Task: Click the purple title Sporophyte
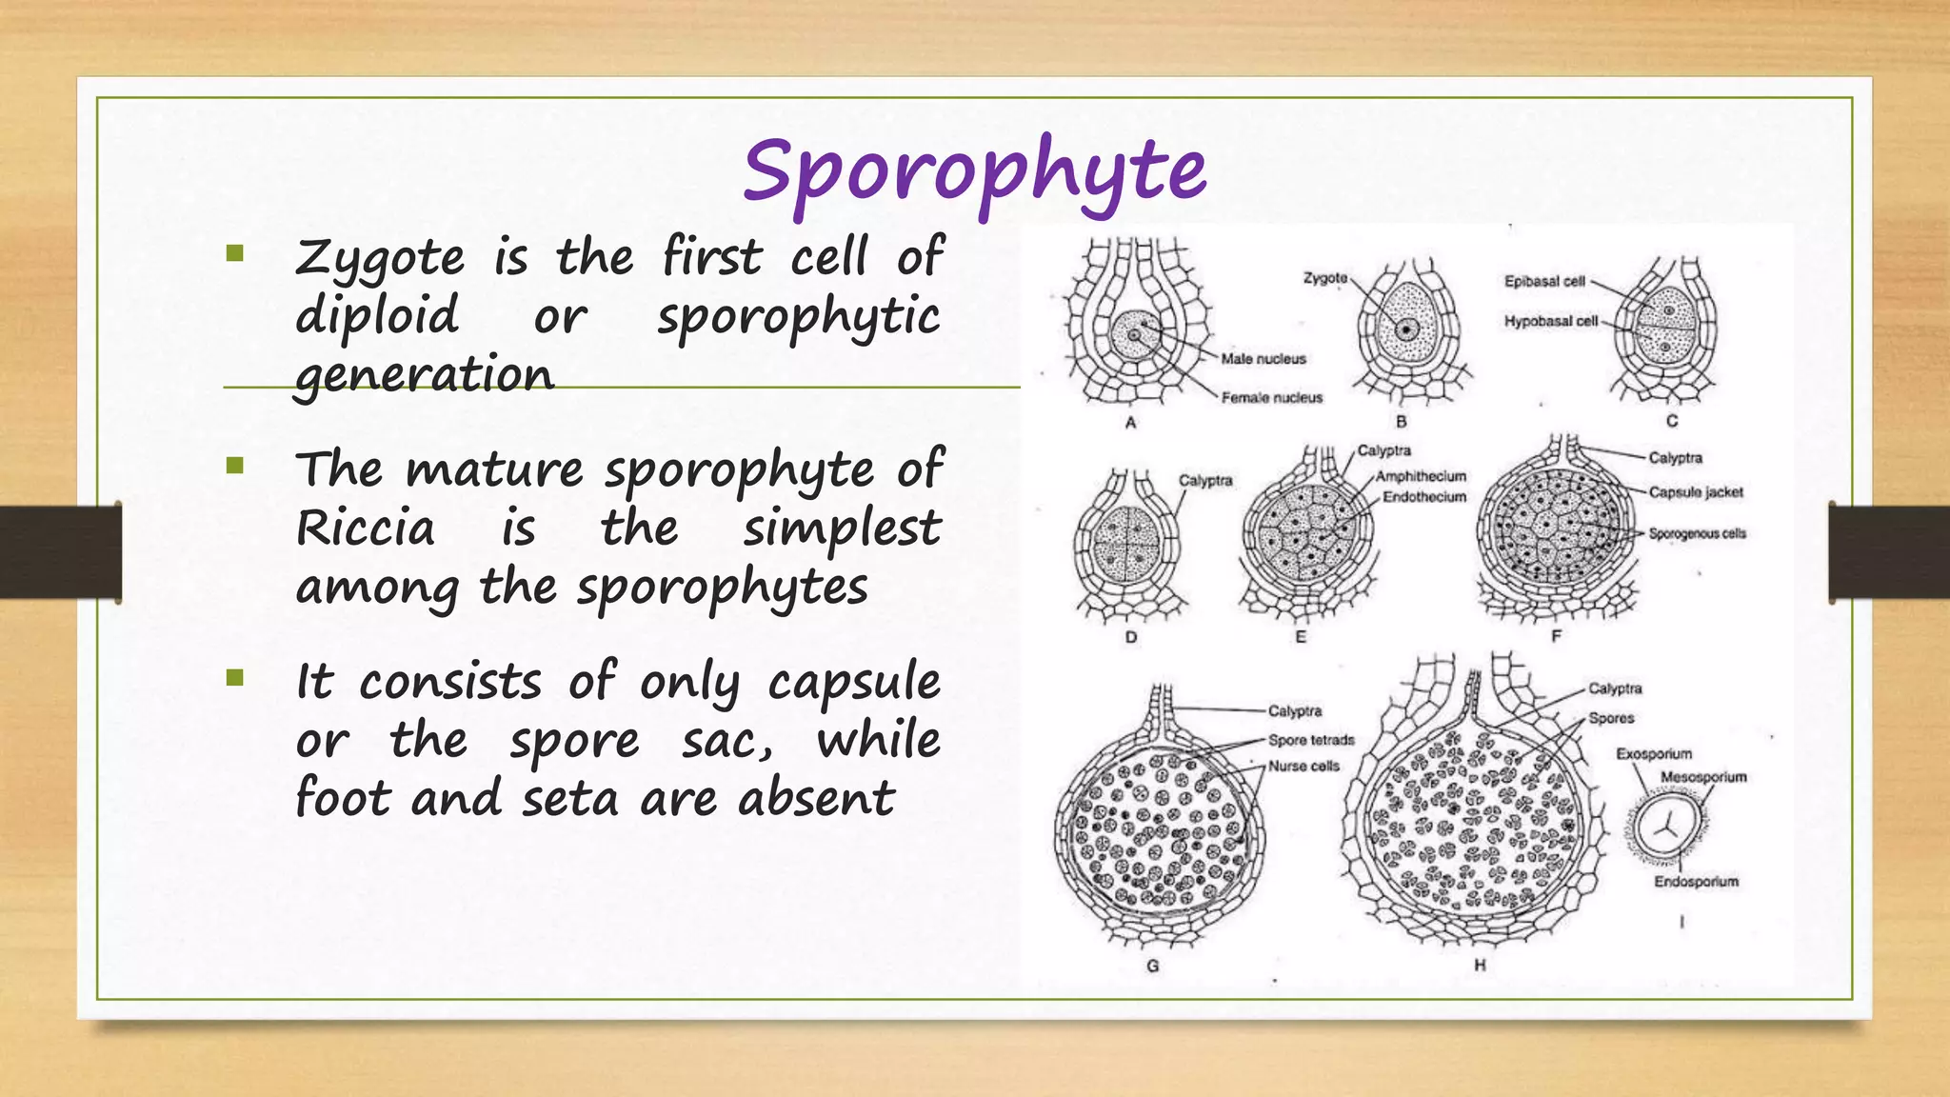coord(974,171)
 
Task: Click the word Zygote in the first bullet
coord(380,259)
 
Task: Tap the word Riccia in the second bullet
coord(366,529)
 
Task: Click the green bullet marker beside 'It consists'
coord(235,678)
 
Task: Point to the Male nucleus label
coord(1263,359)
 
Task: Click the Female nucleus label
coord(1271,398)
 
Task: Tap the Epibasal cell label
coord(1543,281)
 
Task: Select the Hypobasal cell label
coord(1550,321)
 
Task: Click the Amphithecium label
coord(1421,476)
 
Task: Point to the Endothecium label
coord(1423,497)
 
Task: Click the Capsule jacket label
coord(1695,492)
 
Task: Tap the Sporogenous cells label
coord(1697,533)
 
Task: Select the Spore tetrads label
coord(1310,740)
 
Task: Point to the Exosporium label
coord(1653,754)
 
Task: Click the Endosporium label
coord(1695,882)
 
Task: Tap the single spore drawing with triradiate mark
coord(1667,827)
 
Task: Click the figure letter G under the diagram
coord(1152,966)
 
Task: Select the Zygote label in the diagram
coord(1324,278)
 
